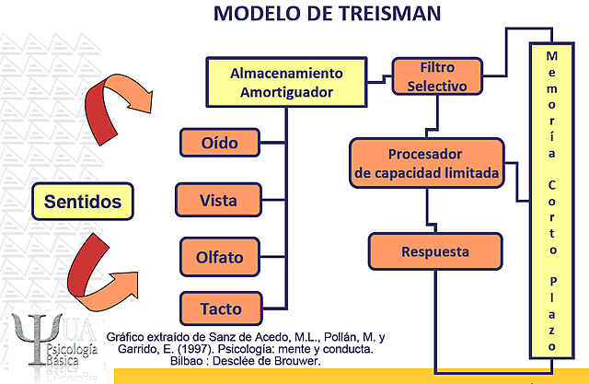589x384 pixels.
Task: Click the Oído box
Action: [x=219, y=143]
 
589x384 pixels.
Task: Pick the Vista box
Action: [x=218, y=200]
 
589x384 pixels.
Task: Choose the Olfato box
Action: [x=219, y=257]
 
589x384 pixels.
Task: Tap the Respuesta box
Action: [x=435, y=251]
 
